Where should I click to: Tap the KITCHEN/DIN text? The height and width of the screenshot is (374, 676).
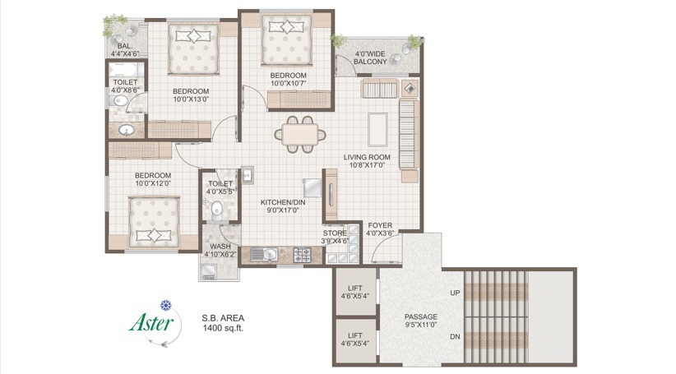point(284,202)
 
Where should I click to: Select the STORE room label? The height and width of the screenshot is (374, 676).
point(335,233)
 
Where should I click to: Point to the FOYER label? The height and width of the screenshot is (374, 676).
point(379,225)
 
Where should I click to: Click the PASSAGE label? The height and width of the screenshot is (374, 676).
point(420,316)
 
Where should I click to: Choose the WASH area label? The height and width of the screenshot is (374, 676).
point(220,246)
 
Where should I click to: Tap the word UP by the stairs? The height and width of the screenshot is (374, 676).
point(455,292)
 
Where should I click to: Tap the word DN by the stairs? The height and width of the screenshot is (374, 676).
point(455,336)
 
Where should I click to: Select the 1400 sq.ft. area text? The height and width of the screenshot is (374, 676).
point(223,328)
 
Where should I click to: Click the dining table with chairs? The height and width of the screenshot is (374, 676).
point(300,134)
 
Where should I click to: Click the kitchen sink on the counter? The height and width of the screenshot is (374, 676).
point(262,255)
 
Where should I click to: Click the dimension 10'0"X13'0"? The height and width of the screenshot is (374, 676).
point(191,100)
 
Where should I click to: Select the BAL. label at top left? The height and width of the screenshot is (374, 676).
point(125,46)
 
